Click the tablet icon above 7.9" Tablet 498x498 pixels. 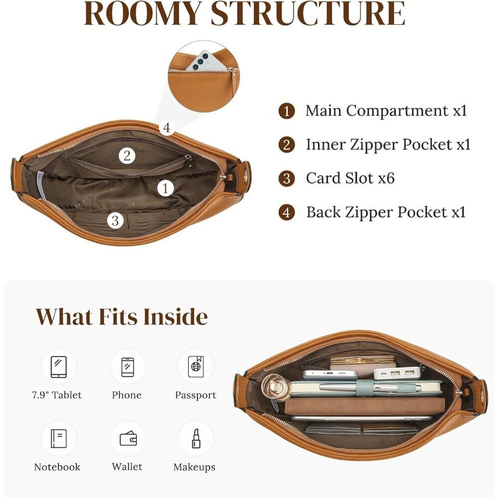59,367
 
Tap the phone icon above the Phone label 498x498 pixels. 127,367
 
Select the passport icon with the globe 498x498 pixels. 196,367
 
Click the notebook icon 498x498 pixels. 59,439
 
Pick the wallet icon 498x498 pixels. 128,439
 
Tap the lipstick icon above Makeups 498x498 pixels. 196,439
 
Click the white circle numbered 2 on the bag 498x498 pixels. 127,156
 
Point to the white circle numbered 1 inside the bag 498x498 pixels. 165,188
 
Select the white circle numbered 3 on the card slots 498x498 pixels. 116,221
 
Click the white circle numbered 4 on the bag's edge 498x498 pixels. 166,127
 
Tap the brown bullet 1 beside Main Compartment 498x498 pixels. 287,111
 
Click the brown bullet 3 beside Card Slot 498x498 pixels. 287,178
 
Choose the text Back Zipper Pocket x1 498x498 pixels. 386,212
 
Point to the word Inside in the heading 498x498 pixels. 175,317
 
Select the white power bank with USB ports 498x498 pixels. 397,373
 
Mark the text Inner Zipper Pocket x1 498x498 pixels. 388,145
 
